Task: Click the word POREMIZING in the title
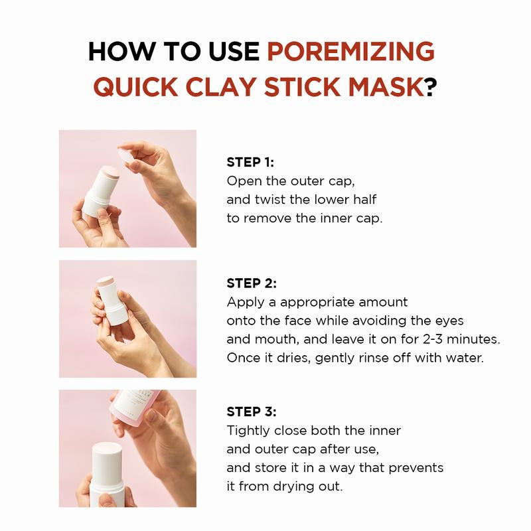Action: pyautogui.click(x=350, y=51)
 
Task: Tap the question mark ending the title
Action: pyautogui.click(x=432, y=87)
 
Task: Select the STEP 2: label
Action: pyautogui.click(x=251, y=283)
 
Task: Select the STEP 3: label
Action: pyautogui.click(x=251, y=412)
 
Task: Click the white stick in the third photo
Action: pyautogui.click(x=112, y=475)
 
